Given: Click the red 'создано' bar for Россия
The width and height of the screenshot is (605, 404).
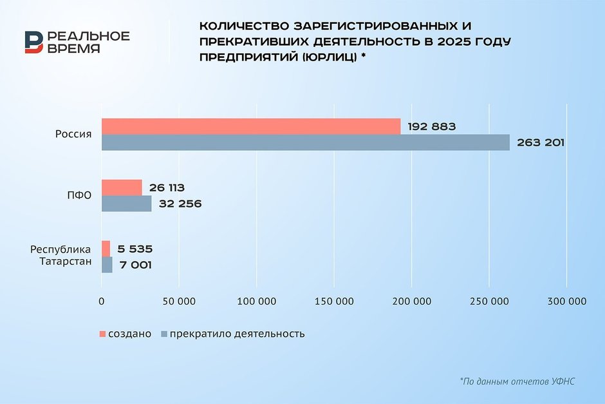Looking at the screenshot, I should [251, 126].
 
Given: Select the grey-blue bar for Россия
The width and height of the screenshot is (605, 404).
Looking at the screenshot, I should [306, 142].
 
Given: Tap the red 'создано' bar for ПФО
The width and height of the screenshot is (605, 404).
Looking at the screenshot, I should [122, 188].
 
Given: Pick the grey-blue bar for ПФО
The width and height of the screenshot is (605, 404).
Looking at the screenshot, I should [126, 204].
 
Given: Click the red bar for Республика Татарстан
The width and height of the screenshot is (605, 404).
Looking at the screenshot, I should [106, 249].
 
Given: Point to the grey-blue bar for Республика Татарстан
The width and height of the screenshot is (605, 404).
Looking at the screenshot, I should [107, 265].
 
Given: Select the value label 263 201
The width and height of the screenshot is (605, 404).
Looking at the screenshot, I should [539, 142].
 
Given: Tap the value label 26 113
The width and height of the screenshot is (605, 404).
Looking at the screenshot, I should [166, 188].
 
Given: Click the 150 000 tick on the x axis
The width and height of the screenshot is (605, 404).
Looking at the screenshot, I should [334, 301].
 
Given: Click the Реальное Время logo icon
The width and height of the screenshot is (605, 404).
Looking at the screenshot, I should [34, 42].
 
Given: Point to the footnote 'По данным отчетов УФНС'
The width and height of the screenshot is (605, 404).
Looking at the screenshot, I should [517, 381].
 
